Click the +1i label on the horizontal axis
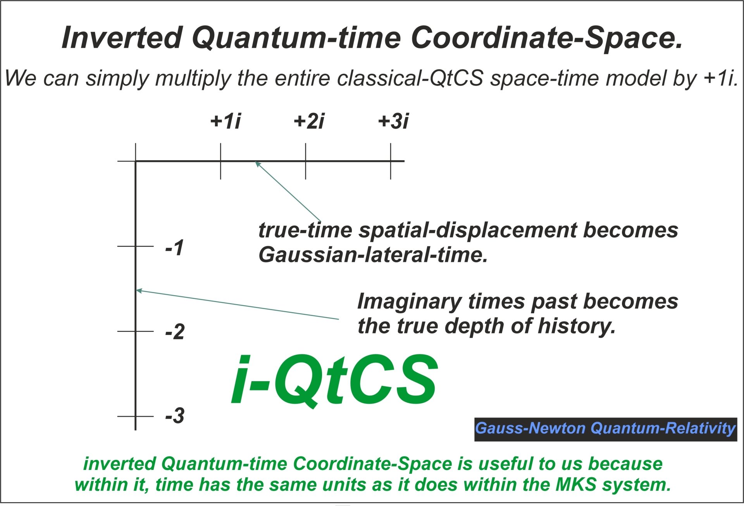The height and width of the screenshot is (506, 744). [226, 121]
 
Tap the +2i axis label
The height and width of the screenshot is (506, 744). [309, 121]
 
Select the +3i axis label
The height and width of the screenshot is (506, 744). [393, 121]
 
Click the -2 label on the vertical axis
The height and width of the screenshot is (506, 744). [175, 332]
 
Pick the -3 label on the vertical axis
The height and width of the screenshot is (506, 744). [175, 416]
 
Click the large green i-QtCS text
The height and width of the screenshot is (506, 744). [334, 380]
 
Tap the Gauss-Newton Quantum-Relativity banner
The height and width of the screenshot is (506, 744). [605, 429]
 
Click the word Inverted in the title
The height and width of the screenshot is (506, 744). [122, 38]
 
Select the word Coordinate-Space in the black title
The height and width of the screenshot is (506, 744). [546, 38]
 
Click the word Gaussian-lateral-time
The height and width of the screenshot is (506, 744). [373, 255]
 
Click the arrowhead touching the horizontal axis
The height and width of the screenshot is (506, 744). [257, 164]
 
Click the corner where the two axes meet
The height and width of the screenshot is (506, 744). [136, 161]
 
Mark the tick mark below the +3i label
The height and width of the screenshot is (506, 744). [391, 161]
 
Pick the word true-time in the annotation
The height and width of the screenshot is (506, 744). [305, 230]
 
